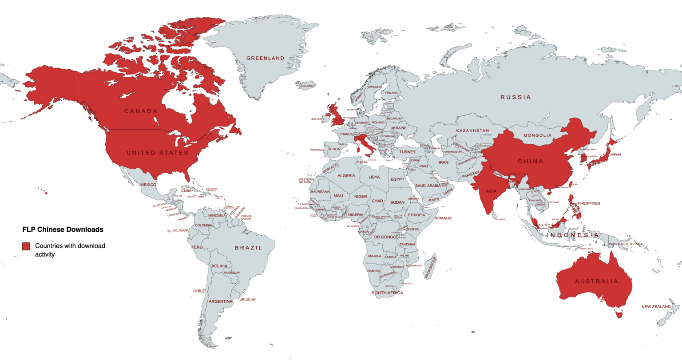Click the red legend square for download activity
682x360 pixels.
[26, 246]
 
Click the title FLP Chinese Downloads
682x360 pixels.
[63, 229]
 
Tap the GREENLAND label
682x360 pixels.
[265, 58]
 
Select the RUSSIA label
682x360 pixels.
[515, 97]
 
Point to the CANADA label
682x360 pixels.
[141, 111]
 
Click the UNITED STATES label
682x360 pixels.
[157, 153]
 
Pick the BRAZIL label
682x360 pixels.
[248, 248]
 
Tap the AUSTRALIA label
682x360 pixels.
[596, 281]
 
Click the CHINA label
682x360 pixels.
[531, 162]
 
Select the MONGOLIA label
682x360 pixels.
[537, 135]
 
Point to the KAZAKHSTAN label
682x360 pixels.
[473, 131]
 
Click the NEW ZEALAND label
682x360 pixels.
[656, 307]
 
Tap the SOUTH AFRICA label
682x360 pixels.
[387, 293]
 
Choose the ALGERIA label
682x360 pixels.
[346, 176]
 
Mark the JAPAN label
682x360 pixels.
[615, 154]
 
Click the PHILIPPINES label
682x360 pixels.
[589, 203]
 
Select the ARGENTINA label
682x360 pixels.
[221, 301]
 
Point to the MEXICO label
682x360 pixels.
[148, 185]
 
